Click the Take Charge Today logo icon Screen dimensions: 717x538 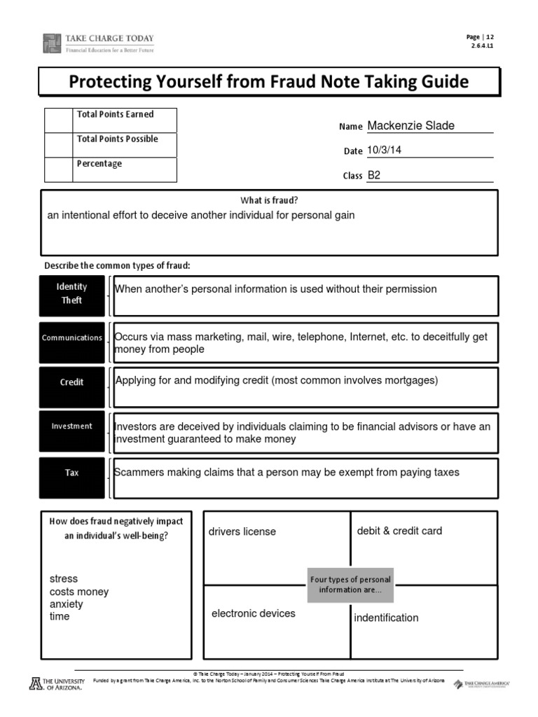53,43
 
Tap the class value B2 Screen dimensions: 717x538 374,175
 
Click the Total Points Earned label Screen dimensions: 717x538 115,114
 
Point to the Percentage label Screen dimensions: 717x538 99,164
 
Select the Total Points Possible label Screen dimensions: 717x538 117,139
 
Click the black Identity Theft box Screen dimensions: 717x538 72,293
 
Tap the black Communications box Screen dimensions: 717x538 72,337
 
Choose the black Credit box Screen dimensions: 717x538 72,382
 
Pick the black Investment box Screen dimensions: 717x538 72,426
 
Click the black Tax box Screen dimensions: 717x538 72,473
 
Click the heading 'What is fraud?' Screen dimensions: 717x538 269,200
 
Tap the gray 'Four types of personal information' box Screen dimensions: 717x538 350,585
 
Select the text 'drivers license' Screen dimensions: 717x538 242,531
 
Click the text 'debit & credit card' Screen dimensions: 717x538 399,531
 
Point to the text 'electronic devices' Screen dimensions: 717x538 254,613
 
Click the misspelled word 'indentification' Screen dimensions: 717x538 386,618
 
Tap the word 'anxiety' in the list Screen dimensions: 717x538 67,604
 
